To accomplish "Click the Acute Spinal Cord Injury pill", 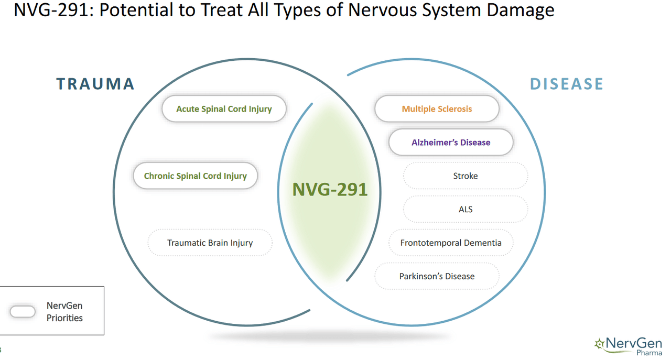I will [224, 109].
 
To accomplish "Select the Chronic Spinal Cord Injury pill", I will [195, 176].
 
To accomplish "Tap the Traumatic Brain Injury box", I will [210, 243].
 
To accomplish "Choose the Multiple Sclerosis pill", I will [437, 109].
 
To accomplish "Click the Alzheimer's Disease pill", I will [451, 143].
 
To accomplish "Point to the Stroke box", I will [465, 176].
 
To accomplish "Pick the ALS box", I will [465, 210].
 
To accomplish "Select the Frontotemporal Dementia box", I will [451, 243].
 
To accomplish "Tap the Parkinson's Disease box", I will [437, 276].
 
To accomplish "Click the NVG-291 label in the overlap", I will [330, 190].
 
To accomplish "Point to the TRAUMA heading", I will [95, 84].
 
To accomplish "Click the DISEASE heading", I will [567, 84].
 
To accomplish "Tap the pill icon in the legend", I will [23, 311].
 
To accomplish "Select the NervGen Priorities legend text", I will [64, 312].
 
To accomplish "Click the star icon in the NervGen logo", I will [599, 344].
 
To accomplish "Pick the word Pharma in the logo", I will [649, 353].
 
